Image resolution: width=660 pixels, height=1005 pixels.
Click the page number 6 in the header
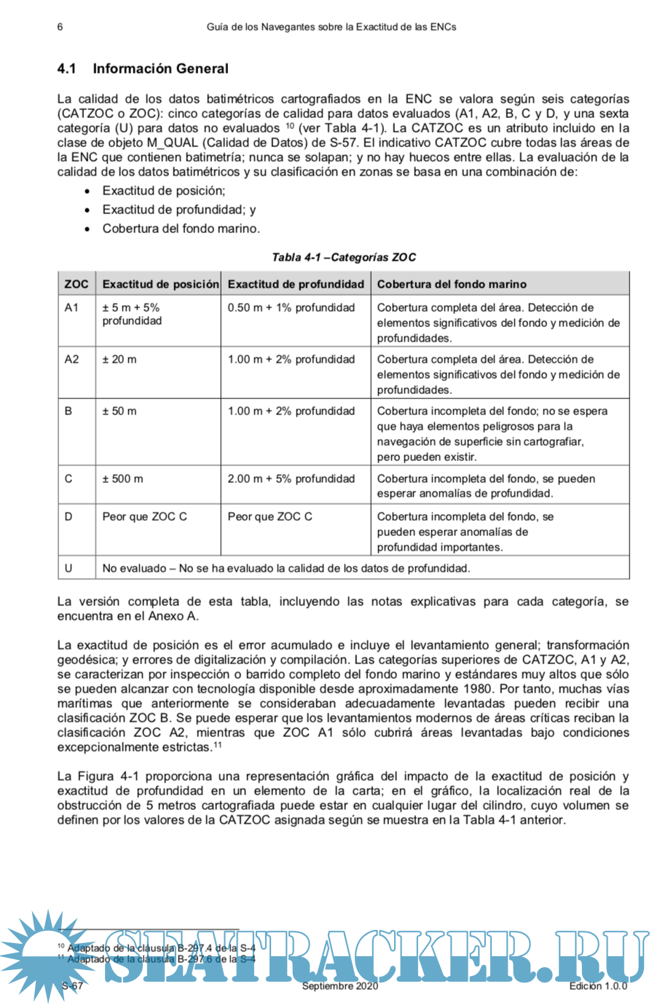point(60,27)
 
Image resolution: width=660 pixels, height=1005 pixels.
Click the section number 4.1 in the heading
point(66,68)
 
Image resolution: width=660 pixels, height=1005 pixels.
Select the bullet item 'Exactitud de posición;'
point(163,191)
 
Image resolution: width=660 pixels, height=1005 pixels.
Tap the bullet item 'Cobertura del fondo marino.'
point(181,229)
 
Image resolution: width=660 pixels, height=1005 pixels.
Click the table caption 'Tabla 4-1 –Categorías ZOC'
point(344,257)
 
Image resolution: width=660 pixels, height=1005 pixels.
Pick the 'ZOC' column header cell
point(76,284)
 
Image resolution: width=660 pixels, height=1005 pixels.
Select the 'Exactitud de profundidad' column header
point(296,284)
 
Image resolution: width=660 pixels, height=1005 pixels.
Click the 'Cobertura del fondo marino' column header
point(452,284)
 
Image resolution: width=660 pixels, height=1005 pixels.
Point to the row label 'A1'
point(71,308)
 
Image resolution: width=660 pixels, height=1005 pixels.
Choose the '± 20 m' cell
point(119,360)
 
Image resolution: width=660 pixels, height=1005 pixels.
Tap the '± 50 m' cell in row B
point(119,411)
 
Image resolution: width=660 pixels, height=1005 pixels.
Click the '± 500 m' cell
point(122,479)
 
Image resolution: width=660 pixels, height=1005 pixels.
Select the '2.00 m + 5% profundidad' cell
point(291,479)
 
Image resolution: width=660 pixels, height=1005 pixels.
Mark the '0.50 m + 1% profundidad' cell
point(291,308)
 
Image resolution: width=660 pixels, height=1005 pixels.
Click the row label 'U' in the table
point(68,568)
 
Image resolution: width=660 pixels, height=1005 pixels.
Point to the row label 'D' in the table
point(68,517)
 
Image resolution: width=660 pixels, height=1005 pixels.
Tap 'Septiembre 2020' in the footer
point(340,986)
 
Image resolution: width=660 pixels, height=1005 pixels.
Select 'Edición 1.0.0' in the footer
point(598,986)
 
